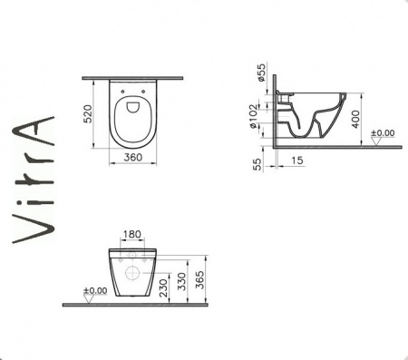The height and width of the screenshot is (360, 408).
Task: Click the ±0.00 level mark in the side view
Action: click(x=384, y=133)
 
